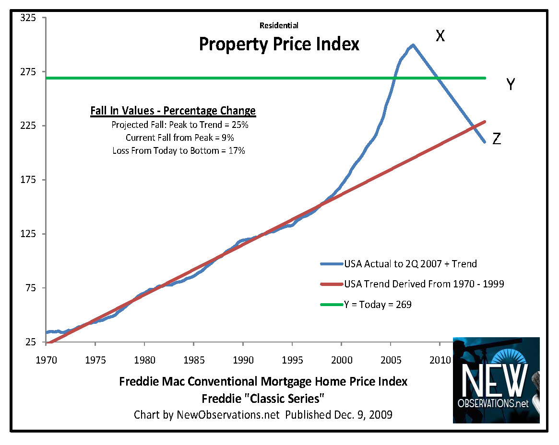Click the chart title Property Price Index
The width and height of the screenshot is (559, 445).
coord(279,45)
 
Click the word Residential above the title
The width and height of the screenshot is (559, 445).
coord(279,25)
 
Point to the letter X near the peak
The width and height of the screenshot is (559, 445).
coord(440,35)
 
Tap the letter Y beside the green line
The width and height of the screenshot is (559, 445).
coord(511,85)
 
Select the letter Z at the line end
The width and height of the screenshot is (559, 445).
coord(497,139)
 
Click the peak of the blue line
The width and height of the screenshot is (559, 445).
coord(412,45)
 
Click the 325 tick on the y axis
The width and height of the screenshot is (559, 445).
coord(27,18)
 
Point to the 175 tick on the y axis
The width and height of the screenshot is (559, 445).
coord(27,180)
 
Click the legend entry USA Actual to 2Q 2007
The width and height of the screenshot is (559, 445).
coord(410,263)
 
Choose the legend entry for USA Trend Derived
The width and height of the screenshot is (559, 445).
coord(424,284)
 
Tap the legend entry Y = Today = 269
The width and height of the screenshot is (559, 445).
coord(378,304)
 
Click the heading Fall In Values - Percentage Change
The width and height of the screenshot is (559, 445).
coord(173,111)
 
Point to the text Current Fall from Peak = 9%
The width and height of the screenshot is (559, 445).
coord(180,137)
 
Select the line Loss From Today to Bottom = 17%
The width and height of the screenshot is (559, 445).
coord(179,150)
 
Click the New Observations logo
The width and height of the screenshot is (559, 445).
coord(496,380)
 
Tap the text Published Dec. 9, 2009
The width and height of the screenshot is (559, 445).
coord(339,415)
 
